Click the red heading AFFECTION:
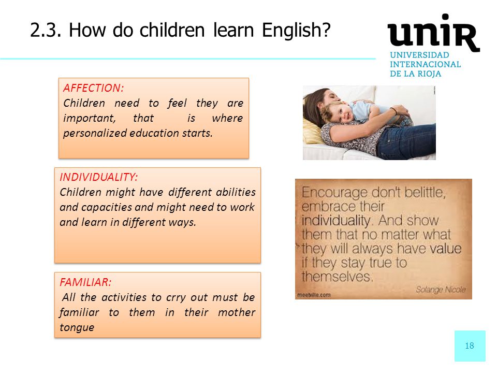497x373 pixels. pos(94,88)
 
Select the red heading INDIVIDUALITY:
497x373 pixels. pos(98,177)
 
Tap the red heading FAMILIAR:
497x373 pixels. pos(85,282)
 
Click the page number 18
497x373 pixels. pos(470,346)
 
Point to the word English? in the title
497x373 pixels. pos(296,31)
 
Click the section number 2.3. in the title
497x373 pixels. pos(46,31)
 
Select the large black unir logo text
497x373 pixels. pos(433,33)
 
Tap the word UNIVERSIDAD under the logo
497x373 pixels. pos(419,55)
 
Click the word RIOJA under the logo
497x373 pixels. pos(430,74)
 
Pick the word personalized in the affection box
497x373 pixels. pos(95,133)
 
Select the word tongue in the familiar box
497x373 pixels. pos(77,327)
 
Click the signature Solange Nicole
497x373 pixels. pos(441,289)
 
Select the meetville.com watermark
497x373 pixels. pos(314,295)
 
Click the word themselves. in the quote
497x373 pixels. pos(337,277)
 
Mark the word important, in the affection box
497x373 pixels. pos(90,118)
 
